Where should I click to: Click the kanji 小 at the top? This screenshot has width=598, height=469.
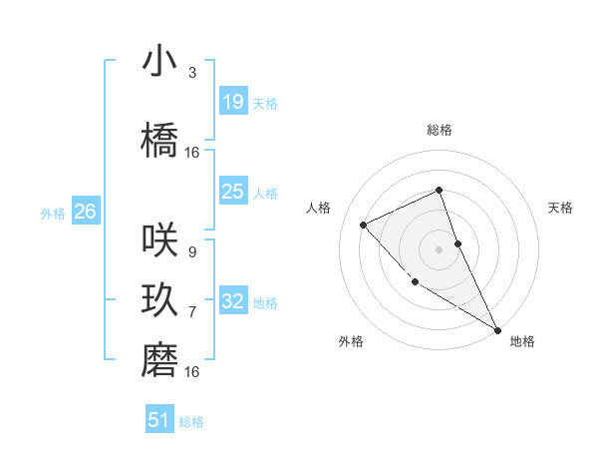(x=159, y=62)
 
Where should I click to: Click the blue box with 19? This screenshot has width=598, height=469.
(x=232, y=101)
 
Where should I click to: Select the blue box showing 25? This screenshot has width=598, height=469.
(x=232, y=192)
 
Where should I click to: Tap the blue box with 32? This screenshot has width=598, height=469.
(x=232, y=300)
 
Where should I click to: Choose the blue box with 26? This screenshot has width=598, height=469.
(x=85, y=212)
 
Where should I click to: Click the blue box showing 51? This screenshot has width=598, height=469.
(x=159, y=420)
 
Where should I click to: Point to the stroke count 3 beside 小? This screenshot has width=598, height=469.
(x=192, y=73)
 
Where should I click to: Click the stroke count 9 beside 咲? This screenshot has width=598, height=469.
(x=192, y=252)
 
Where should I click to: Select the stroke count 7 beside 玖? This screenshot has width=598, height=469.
(x=192, y=312)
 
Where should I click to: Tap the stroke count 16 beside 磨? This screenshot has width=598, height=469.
(x=192, y=372)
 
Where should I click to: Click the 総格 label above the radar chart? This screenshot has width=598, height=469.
(x=439, y=131)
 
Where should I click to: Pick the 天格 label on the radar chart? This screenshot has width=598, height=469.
(x=560, y=208)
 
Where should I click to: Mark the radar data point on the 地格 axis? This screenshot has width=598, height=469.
(x=497, y=330)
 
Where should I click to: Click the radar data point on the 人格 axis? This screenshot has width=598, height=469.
(x=364, y=225)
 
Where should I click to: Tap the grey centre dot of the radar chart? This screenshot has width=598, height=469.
(x=439, y=248)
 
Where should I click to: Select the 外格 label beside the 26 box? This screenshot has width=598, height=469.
(x=53, y=213)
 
